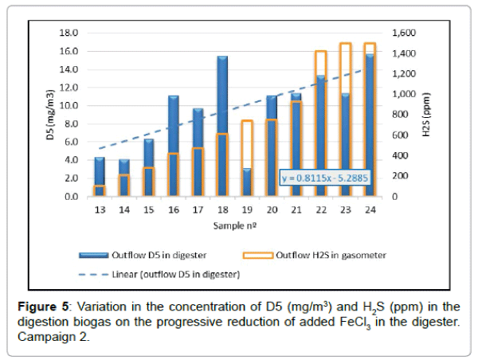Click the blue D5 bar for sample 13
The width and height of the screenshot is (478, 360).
click(x=99, y=171)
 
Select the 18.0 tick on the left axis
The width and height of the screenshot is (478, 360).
click(x=69, y=33)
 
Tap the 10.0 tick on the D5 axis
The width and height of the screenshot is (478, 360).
click(x=69, y=106)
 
